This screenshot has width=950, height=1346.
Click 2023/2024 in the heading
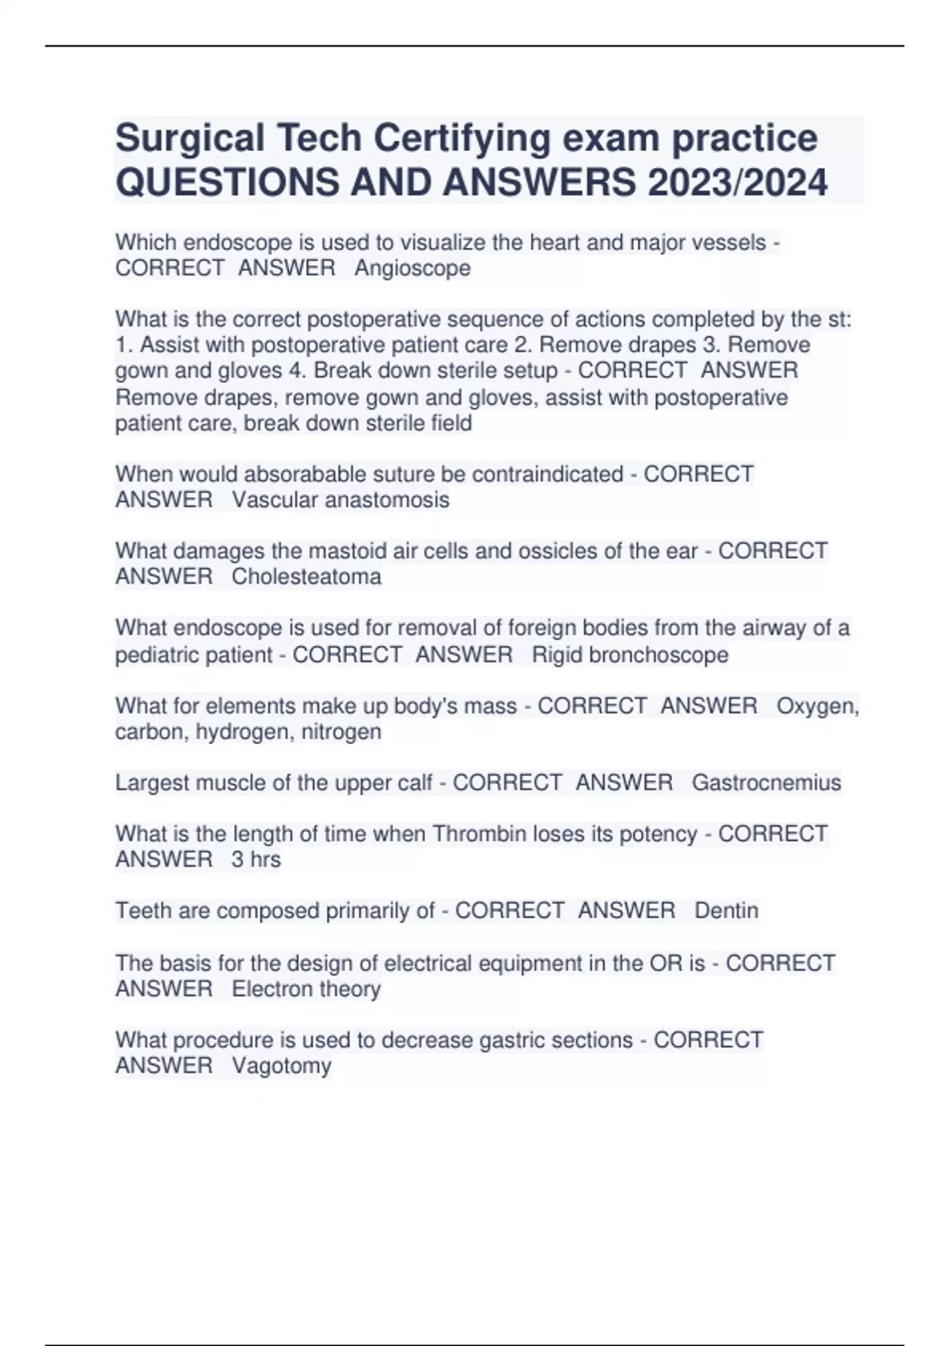pyautogui.click(x=737, y=183)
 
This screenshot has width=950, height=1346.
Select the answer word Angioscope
pyautogui.click(x=412, y=268)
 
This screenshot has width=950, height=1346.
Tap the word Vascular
pyautogui.click(x=275, y=500)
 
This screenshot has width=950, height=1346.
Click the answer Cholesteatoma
pyautogui.click(x=306, y=576)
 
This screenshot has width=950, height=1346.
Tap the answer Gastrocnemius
pyautogui.click(x=766, y=783)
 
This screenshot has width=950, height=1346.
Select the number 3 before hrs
pyautogui.click(x=237, y=860)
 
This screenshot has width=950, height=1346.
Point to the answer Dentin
pyautogui.click(x=726, y=911)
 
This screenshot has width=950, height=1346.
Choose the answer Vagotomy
pyautogui.click(x=281, y=1066)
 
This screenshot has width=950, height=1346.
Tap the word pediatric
pyautogui.click(x=154, y=655)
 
